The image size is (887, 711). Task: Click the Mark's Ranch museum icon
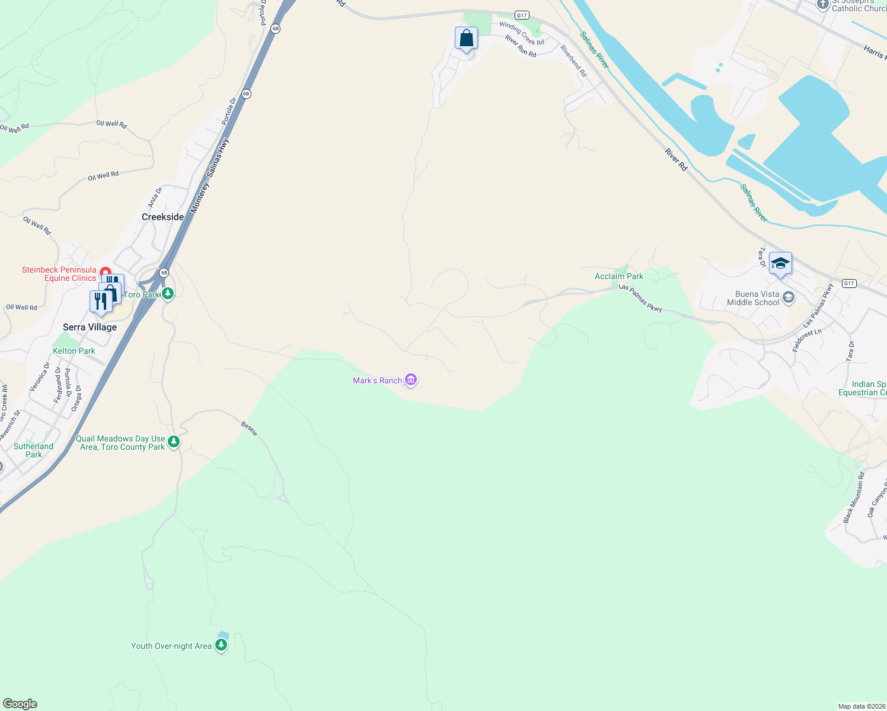411,380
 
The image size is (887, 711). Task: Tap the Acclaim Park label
618,276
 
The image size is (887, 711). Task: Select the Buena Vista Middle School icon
789,297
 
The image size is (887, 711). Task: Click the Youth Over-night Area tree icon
221,645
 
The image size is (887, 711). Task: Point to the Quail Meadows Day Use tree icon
174,442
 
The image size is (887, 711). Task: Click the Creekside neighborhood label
162,217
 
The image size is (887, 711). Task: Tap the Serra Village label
90,327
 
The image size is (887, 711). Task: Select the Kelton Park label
74,351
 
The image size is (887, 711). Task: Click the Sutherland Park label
33,450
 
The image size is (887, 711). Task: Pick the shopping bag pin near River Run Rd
467,39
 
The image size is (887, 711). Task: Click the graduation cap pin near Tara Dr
780,264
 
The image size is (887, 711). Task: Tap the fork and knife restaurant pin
100,301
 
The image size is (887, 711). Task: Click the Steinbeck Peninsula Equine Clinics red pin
105,271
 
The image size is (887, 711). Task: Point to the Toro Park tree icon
168,294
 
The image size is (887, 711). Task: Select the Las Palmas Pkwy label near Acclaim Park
640,297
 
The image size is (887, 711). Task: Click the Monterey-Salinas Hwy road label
209,176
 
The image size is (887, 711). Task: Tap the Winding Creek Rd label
521,33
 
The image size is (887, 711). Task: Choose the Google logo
20,704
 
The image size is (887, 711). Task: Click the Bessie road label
249,428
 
